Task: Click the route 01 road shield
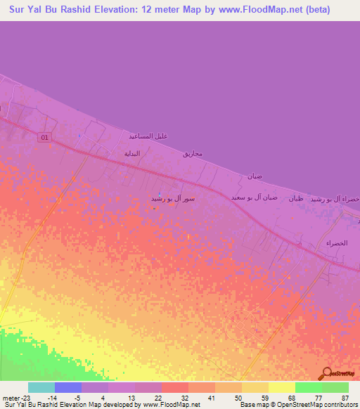coord(45,138)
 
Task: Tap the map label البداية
coord(132,153)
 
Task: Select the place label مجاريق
coord(193,153)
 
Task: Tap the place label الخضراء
coord(337,242)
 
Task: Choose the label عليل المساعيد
coord(148,135)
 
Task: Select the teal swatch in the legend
coord(41,387)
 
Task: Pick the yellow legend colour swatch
coord(282,387)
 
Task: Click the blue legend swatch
coord(68,387)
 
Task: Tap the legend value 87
coord(344,398)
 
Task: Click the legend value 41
coord(210,398)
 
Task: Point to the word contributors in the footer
coord(340,405)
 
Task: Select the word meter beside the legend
coord(9,398)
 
